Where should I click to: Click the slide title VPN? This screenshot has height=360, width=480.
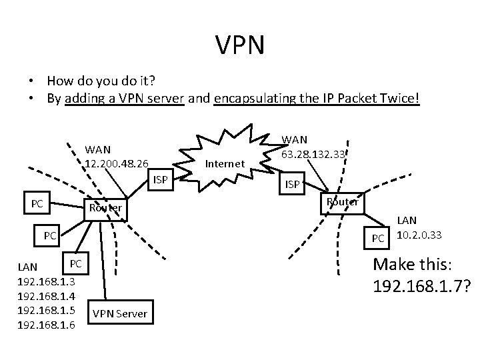point(240,45)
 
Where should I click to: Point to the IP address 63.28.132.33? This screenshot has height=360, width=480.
point(313,154)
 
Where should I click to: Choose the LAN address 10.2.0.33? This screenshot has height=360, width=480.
point(421,235)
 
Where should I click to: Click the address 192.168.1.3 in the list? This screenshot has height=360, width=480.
point(45,282)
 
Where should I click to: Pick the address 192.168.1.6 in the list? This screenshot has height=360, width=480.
point(45,325)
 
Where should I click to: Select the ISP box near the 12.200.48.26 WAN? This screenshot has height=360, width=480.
point(160,179)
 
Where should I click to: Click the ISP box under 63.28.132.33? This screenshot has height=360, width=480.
point(292,185)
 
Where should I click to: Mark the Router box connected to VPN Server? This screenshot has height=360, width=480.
point(105,208)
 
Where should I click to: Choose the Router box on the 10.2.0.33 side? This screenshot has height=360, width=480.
point(342,201)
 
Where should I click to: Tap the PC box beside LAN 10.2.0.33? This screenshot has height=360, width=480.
point(378,238)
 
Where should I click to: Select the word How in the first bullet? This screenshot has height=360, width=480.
point(60,81)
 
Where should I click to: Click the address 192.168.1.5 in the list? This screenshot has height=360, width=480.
point(45,311)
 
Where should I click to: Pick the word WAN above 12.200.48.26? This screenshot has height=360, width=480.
point(97,149)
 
